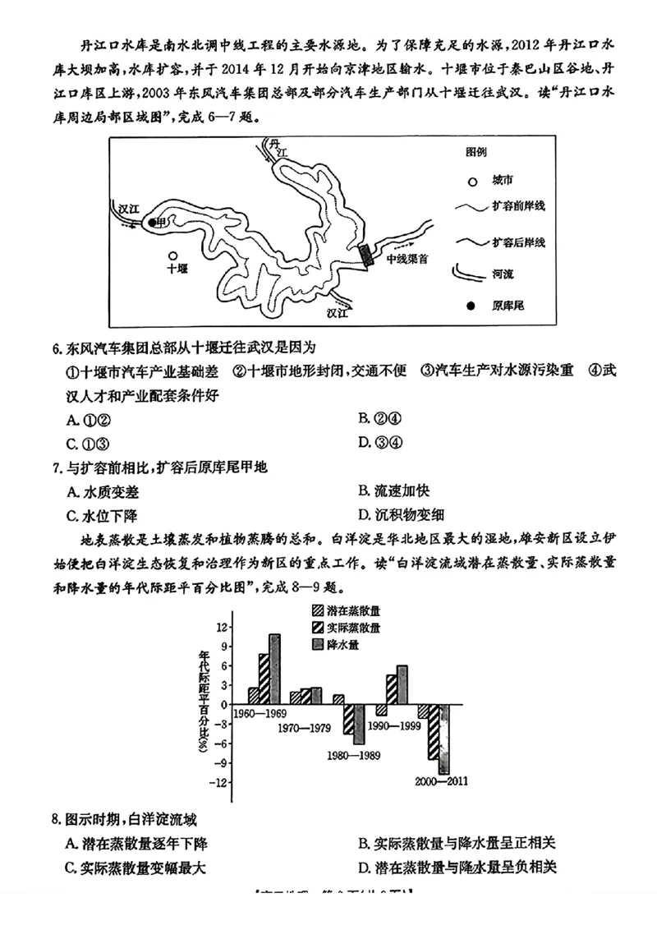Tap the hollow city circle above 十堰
[173, 256]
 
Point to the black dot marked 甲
[152, 222]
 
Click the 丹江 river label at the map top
[278, 149]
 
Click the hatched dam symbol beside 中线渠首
[367, 255]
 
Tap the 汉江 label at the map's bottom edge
[338, 313]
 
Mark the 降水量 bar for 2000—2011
[443, 739]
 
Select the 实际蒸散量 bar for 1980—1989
[348, 720]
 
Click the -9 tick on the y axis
[219, 762]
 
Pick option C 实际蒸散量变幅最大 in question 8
[135, 867]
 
